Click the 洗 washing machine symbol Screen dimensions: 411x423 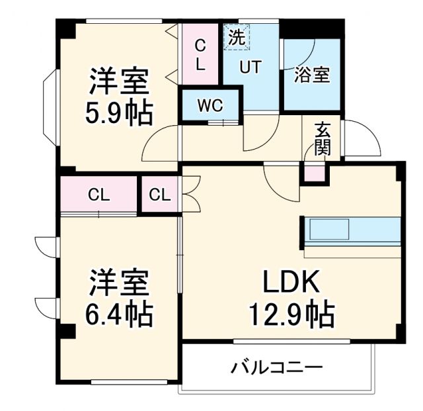tap(236, 37)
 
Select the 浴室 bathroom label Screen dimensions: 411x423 tap(312, 75)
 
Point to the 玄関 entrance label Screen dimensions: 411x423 tap(323, 138)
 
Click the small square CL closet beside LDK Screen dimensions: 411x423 tap(160, 195)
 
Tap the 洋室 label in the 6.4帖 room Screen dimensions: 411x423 tap(120, 283)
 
